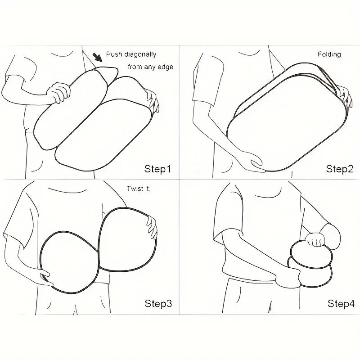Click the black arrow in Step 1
[x=98, y=58]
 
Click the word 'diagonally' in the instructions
[x=140, y=54]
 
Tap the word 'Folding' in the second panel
[x=329, y=54]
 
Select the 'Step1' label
[x=158, y=169]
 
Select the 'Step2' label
[x=340, y=169]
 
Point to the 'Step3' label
[x=158, y=303]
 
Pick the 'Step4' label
[x=341, y=303]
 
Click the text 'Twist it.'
[x=139, y=189]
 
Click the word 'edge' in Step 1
[x=165, y=67]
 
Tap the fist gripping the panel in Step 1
[x=58, y=92]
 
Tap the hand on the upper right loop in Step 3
[x=152, y=227]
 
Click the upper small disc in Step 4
[x=311, y=254]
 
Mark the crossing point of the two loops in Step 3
[x=99, y=252]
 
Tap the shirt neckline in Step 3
[x=67, y=190]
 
